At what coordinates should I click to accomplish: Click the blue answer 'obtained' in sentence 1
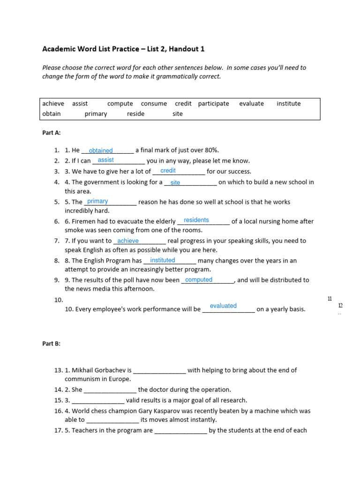(101, 150)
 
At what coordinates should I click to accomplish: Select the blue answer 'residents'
(196, 220)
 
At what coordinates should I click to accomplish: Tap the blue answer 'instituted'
(163, 260)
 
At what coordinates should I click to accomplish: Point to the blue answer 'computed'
(199, 280)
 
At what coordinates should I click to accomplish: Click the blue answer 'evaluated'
(223, 306)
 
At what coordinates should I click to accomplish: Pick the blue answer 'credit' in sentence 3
(168, 171)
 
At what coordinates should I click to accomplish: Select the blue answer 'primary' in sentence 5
(97, 201)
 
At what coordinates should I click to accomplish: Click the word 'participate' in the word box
(213, 104)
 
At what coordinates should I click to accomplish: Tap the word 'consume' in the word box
(154, 104)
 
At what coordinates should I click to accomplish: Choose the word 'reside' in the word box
(135, 114)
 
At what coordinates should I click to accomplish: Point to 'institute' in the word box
(289, 104)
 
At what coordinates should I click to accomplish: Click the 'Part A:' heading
(52, 133)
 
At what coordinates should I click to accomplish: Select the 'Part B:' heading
(52, 344)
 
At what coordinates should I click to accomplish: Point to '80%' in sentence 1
(212, 150)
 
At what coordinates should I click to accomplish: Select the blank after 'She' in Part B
(110, 390)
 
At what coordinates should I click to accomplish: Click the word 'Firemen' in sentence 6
(82, 221)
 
